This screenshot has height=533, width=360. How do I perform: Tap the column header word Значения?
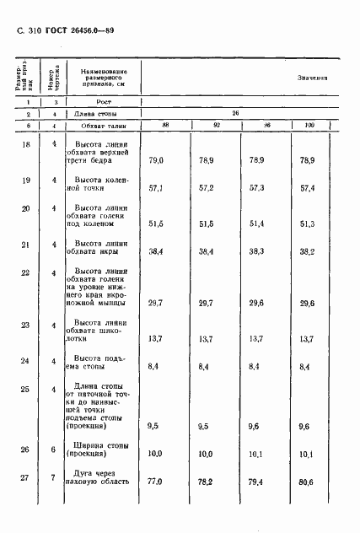coord(312,77)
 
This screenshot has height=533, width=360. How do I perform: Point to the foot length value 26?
coord(235,112)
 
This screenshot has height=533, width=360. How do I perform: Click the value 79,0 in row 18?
coord(156,159)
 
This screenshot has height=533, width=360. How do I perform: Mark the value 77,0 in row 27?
coord(156,482)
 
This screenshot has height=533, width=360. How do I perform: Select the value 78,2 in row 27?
coord(206,482)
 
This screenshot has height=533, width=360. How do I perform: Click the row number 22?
coord(24,272)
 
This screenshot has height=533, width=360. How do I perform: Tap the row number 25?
coord(24,389)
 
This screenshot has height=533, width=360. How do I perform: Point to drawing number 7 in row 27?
coord(54,477)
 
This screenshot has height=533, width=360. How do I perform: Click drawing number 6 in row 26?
coord(54,449)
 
